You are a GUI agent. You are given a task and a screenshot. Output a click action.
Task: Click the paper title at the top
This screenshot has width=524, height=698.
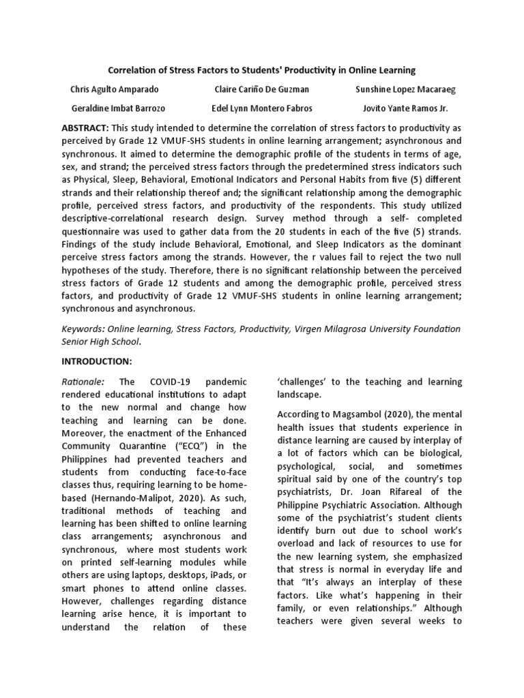coord(262,70)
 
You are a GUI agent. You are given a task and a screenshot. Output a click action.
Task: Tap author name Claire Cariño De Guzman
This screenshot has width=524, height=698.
coord(261,90)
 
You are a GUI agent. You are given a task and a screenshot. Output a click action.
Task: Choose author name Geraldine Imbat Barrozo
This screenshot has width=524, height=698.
coord(118,108)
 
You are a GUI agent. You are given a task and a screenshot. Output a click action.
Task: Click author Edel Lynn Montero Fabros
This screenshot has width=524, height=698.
coord(261,108)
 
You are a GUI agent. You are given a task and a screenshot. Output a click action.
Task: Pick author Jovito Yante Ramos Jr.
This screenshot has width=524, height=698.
coord(405,108)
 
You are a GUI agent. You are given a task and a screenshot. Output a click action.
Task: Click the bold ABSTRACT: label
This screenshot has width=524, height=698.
coord(85,128)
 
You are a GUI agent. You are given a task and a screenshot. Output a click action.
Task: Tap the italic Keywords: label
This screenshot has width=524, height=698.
coord(87,329)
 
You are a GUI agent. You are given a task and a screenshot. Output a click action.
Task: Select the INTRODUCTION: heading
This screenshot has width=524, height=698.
coord(97,361)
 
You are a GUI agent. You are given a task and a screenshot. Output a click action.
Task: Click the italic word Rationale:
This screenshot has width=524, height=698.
coord(83,382)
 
